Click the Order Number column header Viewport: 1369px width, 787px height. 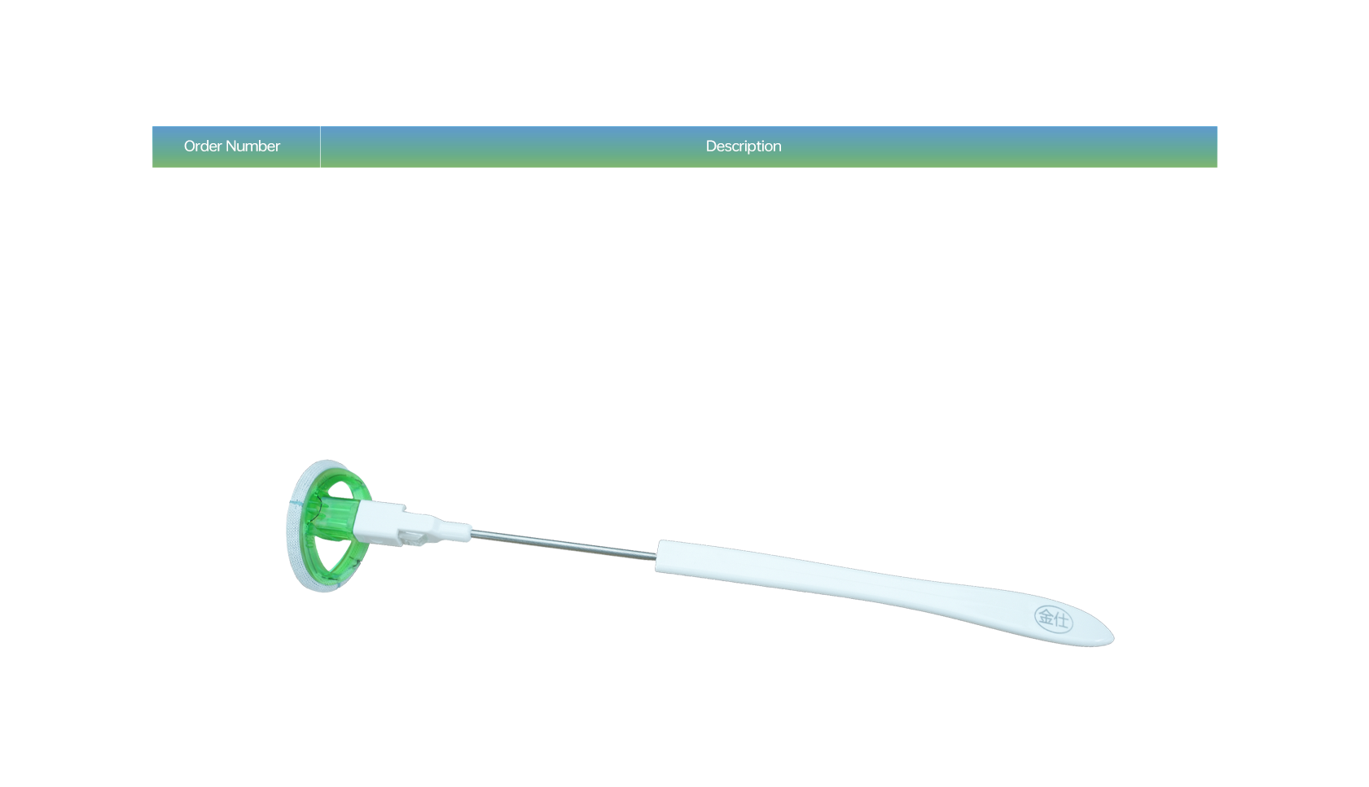coord(232,146)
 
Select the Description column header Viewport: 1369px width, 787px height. coord(743,146)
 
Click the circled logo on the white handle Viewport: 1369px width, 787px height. coord(1053,619)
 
